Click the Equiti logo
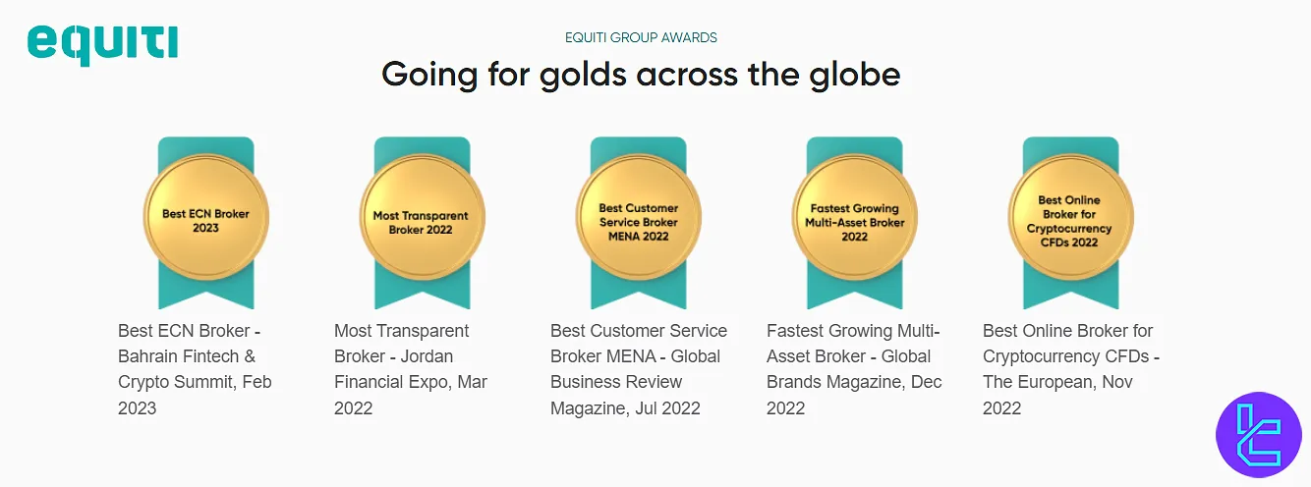[x=102, y=43]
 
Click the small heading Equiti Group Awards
[x=641, y=37]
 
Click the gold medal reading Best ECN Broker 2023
[x=205, y=219]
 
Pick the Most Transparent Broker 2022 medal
[x=421, y=220]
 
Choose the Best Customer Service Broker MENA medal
[x=638, y=220]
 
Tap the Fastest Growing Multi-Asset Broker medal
[x=854, y=220]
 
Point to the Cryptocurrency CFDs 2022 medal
[x=1069, y=220]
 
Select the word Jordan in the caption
[x=427, y=356]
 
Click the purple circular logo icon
[x=1258, y=434]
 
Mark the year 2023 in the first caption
[x=138, y=407]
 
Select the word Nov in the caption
[x=1116, y=382]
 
